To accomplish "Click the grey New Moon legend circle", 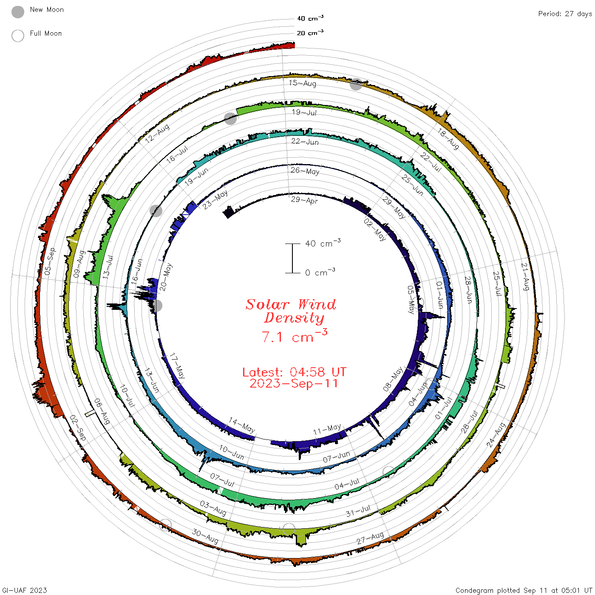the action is point(17,12).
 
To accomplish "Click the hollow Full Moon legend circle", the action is point(17,36).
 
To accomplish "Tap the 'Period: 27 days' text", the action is point(565,14).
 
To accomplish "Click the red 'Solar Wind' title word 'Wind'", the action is point(317,304).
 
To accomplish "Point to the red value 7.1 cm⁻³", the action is point(294,336).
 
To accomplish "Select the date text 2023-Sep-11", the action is point(294,383).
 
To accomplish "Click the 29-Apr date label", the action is point(304,200).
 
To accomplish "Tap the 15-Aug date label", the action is point(302,83).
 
